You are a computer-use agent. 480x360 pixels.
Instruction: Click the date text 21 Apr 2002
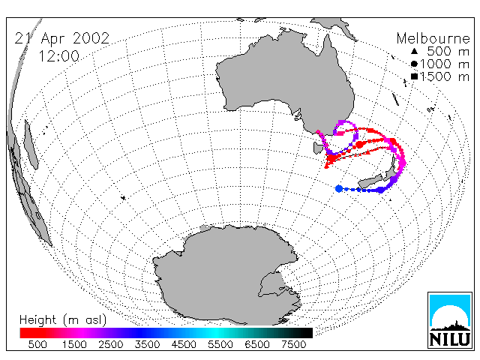pos(62,38)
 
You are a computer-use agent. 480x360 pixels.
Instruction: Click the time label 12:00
pos(59,56)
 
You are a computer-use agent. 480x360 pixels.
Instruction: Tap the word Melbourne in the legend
pos(433,38)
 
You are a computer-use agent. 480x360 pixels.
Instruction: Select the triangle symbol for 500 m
pos(414,52)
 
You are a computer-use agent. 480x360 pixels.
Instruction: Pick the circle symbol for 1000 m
pos(414,64)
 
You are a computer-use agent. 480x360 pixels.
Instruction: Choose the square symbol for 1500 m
pos(414,76)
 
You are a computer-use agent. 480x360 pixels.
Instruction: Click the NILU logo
pos(450,320)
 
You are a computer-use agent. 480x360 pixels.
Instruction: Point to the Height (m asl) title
pos(63,320)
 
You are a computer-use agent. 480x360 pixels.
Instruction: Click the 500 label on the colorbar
pos(37,345)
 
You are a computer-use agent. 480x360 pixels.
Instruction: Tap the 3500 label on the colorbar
pos(147,345)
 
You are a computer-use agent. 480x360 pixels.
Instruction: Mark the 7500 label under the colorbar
pos(293,345)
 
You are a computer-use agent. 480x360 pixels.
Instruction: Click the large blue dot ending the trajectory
pos(339,188)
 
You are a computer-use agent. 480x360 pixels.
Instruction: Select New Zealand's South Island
pos(370,181)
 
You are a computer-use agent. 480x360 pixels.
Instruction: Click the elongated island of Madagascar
pos(31,145)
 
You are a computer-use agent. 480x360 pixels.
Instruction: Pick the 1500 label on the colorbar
pos(74,345)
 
